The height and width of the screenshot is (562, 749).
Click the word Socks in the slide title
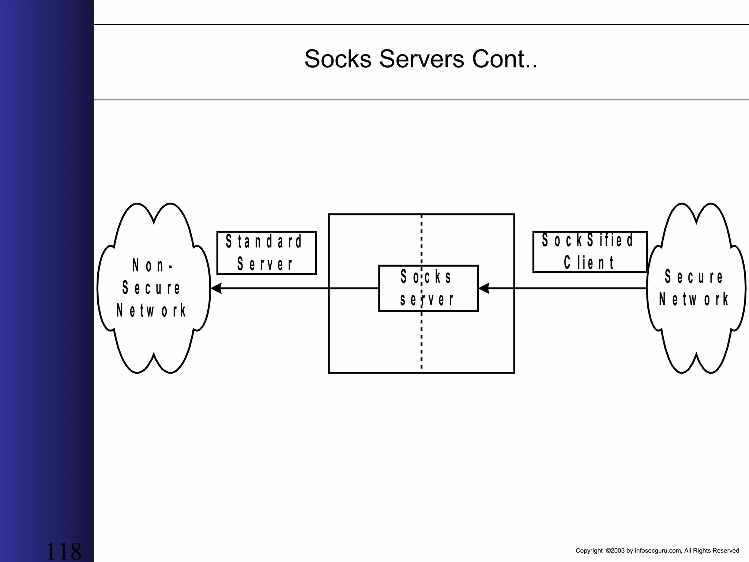pos(338,59)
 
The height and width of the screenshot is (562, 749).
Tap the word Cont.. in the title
pos(505,59)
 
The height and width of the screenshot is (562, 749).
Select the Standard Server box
pos(266,252)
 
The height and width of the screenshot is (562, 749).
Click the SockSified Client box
pos(590,252)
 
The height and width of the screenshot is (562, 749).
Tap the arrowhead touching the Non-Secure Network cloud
pos(217,288)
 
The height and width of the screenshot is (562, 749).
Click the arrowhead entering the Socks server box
pos(484,288)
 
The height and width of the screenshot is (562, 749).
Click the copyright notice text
pos(657,551)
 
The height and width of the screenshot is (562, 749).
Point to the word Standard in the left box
pos(264,241)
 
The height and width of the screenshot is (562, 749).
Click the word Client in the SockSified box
pos(589,263)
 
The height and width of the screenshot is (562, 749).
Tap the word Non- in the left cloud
pos(153,265)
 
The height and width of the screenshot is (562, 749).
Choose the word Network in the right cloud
pos(693,299)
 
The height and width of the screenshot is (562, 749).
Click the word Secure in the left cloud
pos(151,288)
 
